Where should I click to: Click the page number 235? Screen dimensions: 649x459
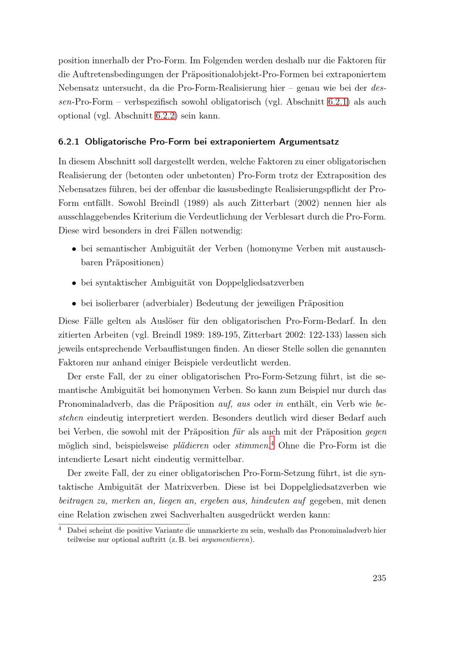[379, 578]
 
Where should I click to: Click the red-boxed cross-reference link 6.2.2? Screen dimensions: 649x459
[165, 116]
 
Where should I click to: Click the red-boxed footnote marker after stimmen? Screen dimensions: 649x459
[272, 444]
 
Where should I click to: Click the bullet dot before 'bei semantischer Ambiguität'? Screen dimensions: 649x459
[73, 249]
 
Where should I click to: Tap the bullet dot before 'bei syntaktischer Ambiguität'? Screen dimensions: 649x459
[73, 283]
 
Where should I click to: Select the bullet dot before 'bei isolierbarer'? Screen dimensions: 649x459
[73, 304]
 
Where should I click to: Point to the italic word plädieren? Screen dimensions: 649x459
[191, 446]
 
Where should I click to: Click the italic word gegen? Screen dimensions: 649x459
[376, 432]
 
